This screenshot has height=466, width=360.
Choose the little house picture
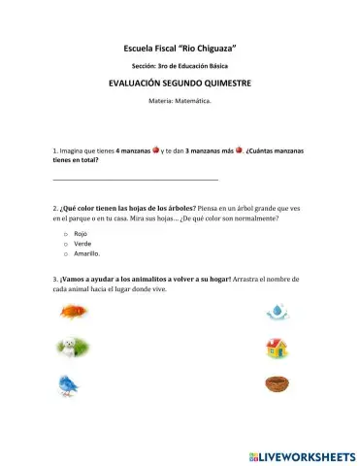(x=277, y=348)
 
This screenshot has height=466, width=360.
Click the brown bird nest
(x=277, y=383)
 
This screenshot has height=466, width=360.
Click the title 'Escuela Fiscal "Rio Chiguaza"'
(x=180, y=48)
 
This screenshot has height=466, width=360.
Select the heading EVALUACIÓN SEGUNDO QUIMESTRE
(x=180, y=83)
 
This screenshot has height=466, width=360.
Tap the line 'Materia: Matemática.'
(x=180, y=101)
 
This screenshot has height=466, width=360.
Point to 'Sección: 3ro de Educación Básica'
(x=180, y=65)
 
